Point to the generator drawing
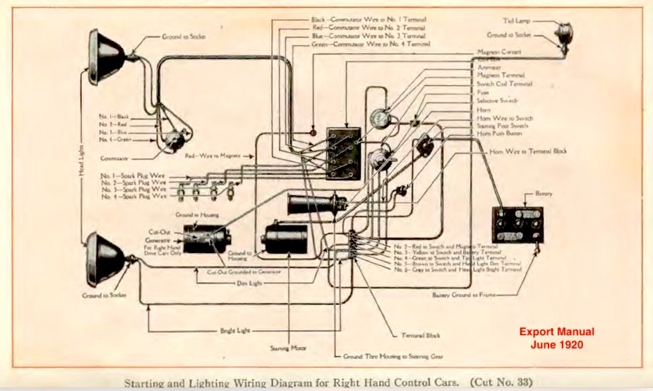205,239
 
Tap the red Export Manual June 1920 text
557,337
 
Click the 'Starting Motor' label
286,347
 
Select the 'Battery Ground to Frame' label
460,294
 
